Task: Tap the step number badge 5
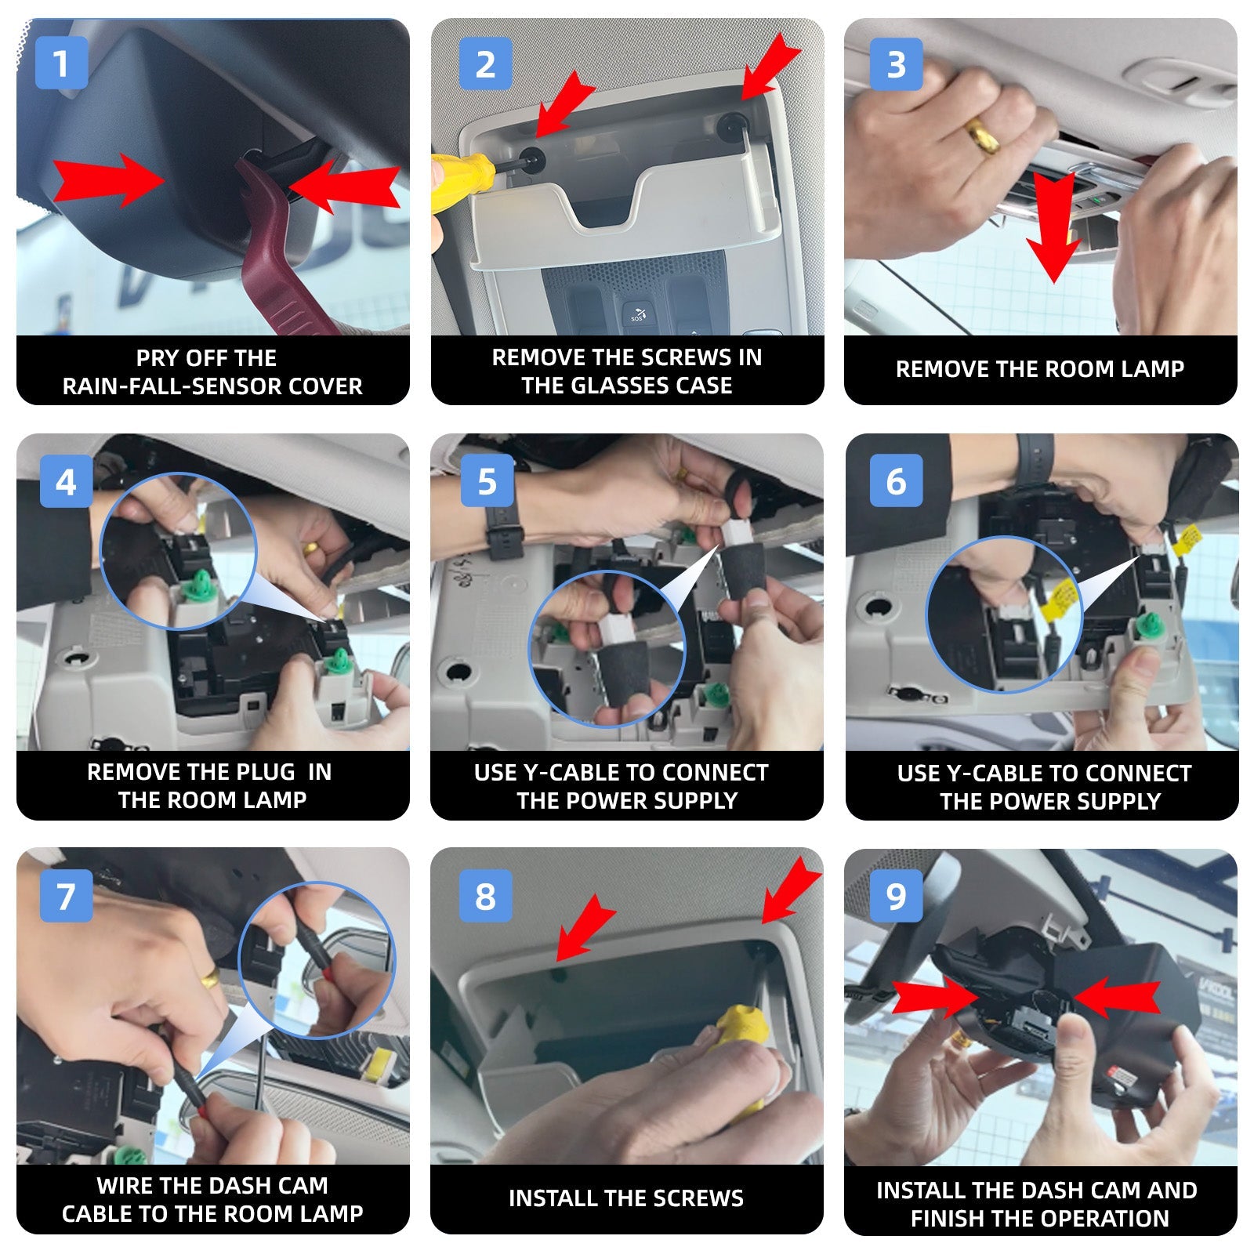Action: click(x=487, y=480)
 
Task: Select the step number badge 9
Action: click(x=896, y=895)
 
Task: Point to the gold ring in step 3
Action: click(x=982, y=136)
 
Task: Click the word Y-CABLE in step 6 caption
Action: click(x=988, y=774)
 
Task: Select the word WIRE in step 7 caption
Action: click(x=123, y=1186)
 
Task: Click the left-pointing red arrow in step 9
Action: click(x=1117, y=997)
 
